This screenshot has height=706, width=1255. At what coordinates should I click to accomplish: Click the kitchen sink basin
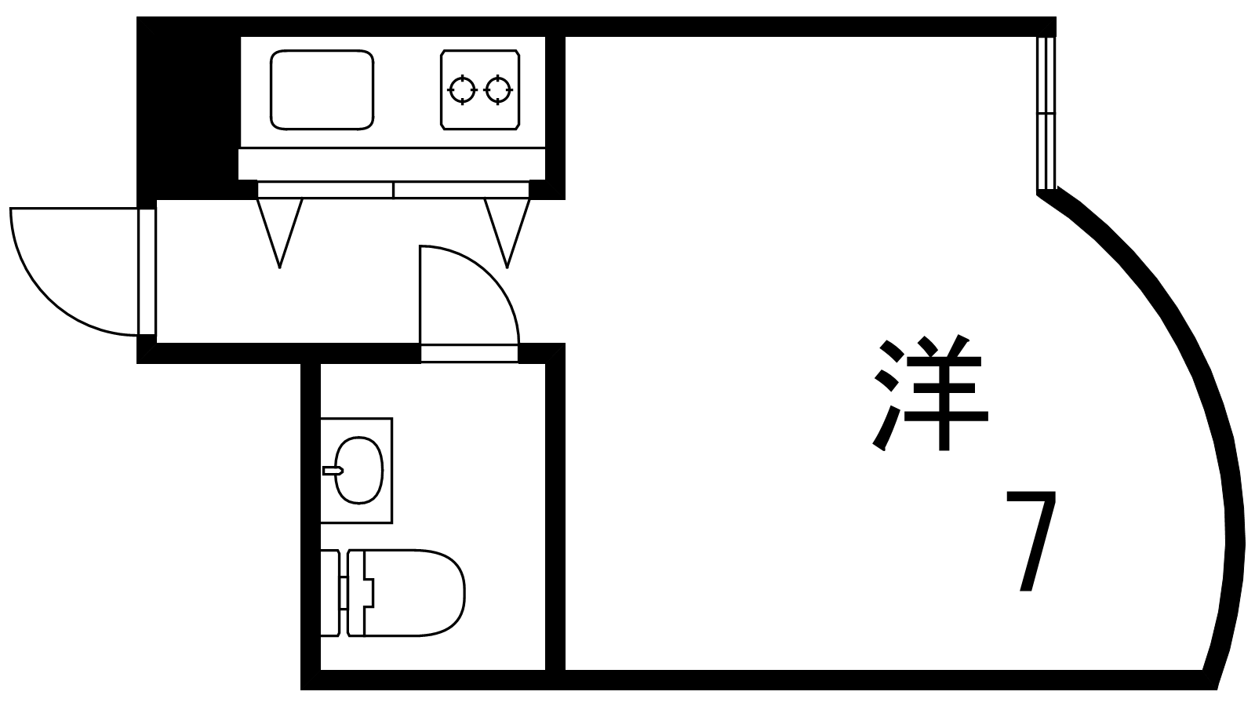[x=322, y=90]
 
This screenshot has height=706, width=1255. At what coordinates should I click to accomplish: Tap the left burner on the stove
[x=462, y=89]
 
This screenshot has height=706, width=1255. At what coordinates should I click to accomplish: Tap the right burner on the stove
[x=497, y=89]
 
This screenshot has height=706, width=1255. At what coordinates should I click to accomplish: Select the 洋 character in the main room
[x=930, y=393]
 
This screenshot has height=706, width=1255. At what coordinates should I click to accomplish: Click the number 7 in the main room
[x=1031, y=541]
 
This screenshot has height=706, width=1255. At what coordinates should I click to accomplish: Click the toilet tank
[x=330, y=593]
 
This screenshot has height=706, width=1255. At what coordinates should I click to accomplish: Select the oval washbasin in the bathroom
[x=359, y=470]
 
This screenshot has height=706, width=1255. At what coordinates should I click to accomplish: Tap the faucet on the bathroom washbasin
[x=333, y=471]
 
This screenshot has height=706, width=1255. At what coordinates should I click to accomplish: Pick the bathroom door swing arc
[x=470, y=295]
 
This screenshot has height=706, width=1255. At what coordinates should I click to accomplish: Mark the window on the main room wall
[x=1046, y=113]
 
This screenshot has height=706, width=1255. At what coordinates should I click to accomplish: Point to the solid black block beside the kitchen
[x=188, y=107]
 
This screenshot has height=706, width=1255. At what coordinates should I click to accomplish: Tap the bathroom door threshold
[x=470, y=354]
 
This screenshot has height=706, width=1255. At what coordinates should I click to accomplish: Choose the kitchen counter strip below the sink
[x=391, y=164]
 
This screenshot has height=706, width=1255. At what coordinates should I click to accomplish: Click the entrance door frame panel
[x=147, y=271]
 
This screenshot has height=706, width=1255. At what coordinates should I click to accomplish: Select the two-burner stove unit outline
[x=480, y=90]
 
